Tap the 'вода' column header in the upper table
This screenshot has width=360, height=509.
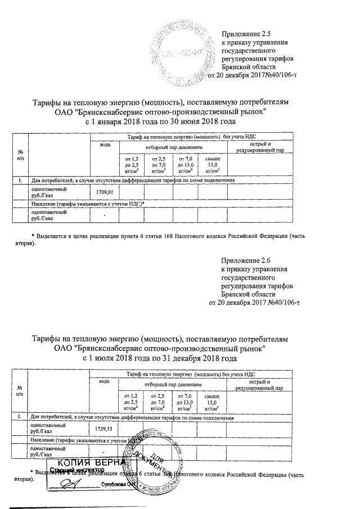click(105, 145)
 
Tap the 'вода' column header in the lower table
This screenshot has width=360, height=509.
click(105, 382)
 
